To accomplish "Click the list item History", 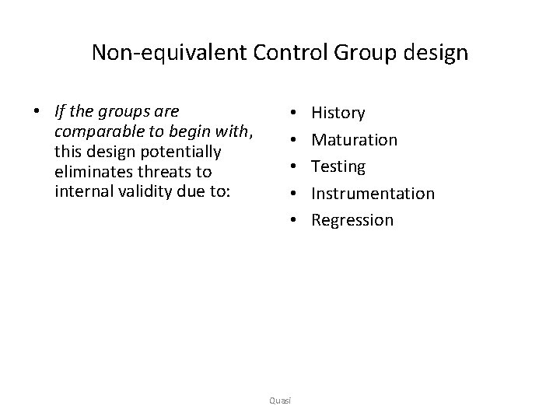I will pyautogui.click(x=338, y=113).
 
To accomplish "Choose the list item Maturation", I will pyautogui.click(x=354, y=140).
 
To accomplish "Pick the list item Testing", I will pyautogui.click(x=338, y=166).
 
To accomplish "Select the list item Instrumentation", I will pyautogui.click(x=373, y=193).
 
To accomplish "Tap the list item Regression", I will pyautogui.click(x=352, y=220).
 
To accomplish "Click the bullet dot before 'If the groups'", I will pyautogui.click(x=37, y=112).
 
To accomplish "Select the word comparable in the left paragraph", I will pyautogui.click(x=95, y=131).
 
